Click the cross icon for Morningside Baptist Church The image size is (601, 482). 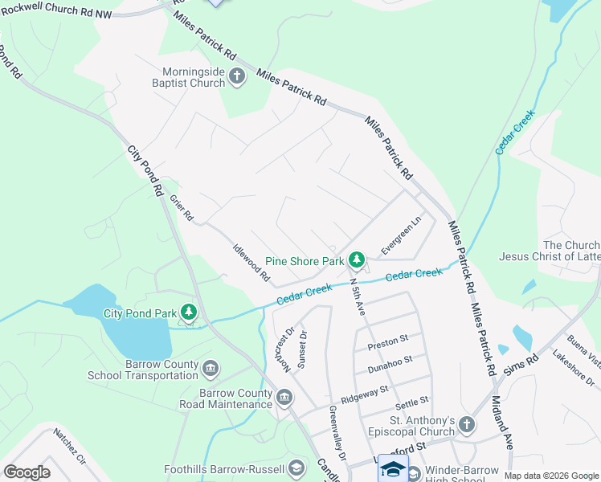236,77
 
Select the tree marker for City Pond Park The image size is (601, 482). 189,312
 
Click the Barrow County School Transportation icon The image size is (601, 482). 211,369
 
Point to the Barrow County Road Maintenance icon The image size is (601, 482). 284,397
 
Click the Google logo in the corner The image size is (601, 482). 27,472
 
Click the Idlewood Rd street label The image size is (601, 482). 251,263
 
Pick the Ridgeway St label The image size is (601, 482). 364,394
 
